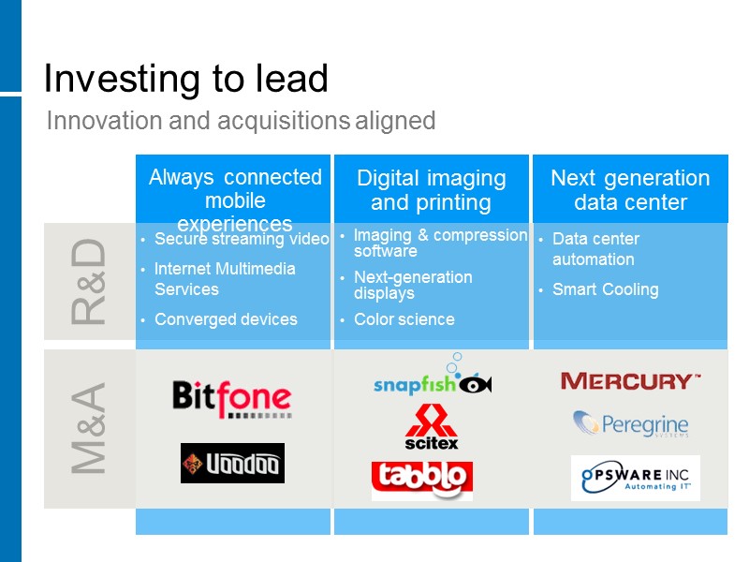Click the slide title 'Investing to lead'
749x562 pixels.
[x=185, y=80]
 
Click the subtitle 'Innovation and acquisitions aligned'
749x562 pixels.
[x=241, y=121]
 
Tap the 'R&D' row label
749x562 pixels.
[x=89, y=281]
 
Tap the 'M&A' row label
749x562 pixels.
[x=89, y=428]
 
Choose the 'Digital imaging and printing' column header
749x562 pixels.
[x=431, y=190]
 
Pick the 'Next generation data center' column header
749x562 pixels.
[x=629, y=190]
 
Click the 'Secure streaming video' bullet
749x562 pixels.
[x=242, y=239]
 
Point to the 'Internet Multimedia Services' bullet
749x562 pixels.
[x=225, y=279]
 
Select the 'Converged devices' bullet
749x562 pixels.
[x=226, y=319]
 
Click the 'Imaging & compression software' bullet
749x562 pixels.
[x=440, y=244]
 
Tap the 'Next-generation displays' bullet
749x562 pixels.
[x=413, y=286]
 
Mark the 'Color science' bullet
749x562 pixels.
[x=404, y=319]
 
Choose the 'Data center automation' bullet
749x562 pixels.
[x=595, y=249]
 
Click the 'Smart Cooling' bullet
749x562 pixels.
[x=605, y=289]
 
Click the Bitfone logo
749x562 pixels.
[x=231, y=398]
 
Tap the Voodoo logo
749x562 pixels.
[x=232, y=463]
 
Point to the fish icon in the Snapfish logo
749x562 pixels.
[x=476, y=383]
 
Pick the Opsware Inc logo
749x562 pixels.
[x=635, y=478]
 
